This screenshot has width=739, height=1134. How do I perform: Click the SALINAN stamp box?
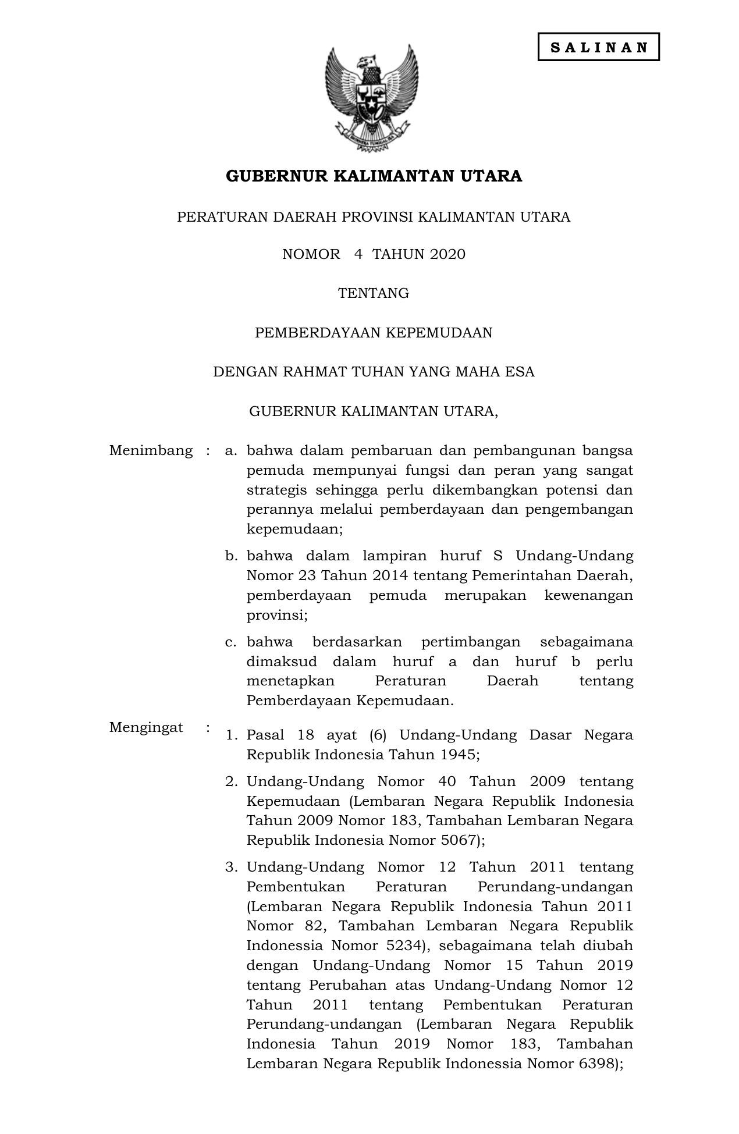[x=598, y=47]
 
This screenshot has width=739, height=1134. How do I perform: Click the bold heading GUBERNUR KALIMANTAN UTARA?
[x=374, y=176]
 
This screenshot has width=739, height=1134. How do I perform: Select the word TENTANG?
[x=374, y=293]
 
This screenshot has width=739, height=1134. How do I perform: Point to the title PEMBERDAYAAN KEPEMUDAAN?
[x=374, y=333]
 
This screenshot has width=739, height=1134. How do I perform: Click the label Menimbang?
[x=151, y=450]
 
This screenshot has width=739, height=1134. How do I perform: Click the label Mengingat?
[x=146, y=727]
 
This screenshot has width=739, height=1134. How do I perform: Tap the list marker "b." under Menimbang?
[x=232, y=556]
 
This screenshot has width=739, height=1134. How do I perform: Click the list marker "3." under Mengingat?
[x=232, y=868]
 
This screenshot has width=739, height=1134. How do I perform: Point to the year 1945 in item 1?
[x=459, y=755]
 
